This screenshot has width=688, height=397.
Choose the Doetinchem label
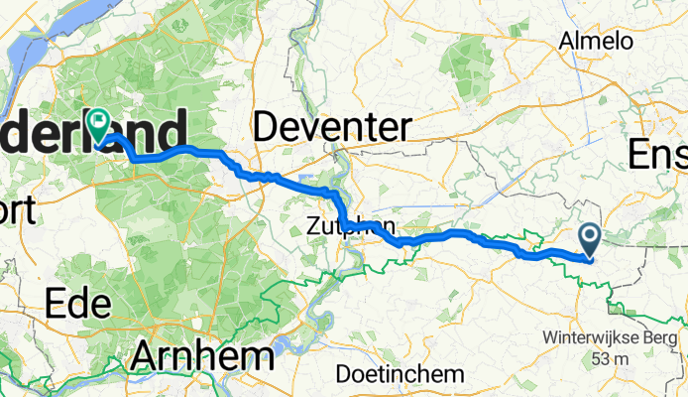(x=400, y=374)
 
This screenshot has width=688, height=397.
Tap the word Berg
(x=657, y=336)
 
